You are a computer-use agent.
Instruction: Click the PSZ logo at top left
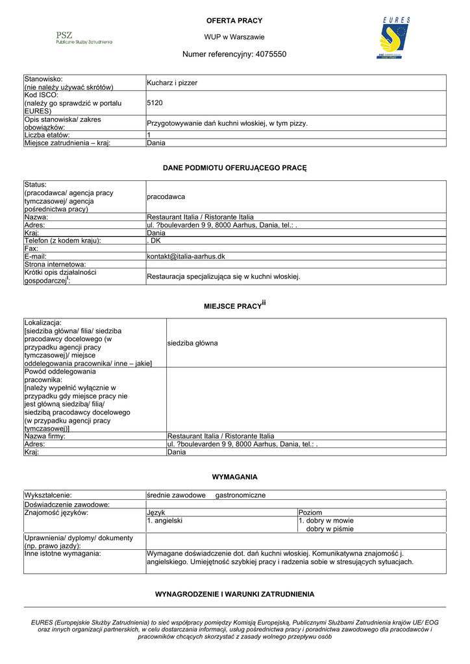84,38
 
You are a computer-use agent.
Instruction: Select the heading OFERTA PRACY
234,21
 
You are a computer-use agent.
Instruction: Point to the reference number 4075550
271,54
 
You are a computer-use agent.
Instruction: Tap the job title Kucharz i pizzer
172,83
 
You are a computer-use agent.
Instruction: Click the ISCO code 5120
155,102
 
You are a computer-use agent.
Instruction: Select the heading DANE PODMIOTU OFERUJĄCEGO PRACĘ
234,168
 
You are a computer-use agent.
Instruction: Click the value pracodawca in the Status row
166,196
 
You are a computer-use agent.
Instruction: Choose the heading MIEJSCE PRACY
232,305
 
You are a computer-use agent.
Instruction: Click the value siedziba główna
192,343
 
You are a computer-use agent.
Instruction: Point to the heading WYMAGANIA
234,477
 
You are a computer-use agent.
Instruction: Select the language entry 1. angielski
164,520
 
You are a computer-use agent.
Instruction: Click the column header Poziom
310,512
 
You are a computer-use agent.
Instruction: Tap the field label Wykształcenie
48,495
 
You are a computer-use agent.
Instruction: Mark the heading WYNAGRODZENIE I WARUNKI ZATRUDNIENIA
234,594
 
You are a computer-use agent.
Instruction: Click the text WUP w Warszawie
234,37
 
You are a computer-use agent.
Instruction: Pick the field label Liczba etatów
52,135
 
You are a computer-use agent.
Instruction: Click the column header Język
156,512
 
